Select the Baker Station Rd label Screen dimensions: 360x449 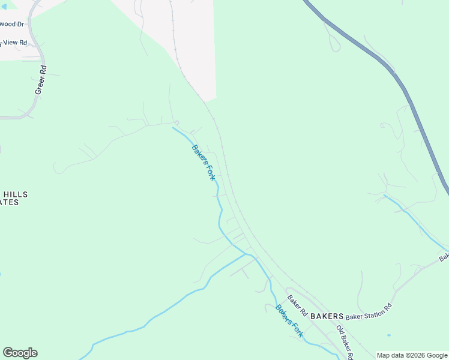369,311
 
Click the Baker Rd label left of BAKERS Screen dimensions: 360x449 297,306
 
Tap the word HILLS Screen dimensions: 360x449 16,194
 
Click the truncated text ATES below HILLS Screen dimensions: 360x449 10,203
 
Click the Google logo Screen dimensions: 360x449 20,353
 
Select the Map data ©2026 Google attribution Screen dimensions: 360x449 412,356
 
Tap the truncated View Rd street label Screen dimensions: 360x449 14,43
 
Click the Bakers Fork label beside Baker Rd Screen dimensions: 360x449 289,322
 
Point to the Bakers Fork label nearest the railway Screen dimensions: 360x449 203,163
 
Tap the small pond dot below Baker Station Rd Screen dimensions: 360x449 389,335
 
